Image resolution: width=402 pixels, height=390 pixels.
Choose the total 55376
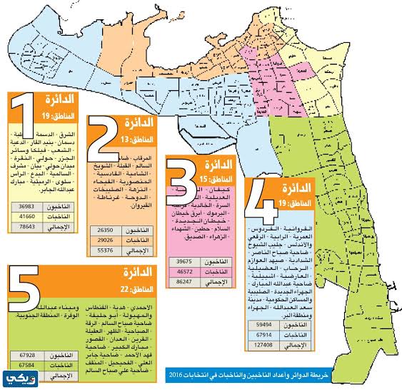(103, 251)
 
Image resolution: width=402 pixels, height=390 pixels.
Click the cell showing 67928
(27, 355)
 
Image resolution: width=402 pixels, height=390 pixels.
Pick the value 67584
(27, 365)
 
